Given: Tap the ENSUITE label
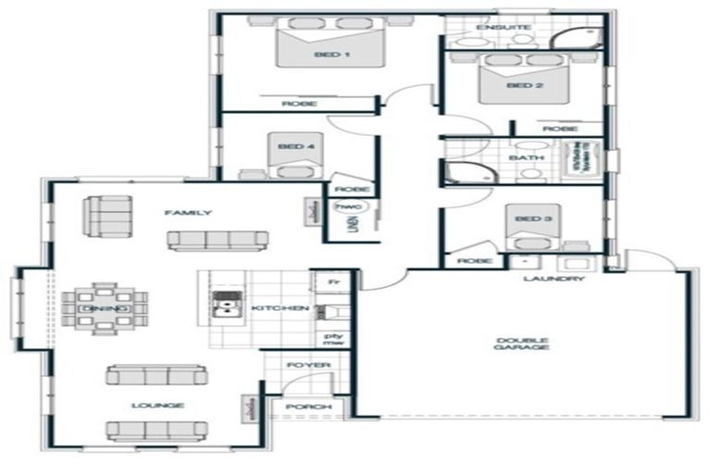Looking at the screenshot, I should [x=504, y=28].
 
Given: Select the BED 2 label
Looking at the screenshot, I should [x=524, y=85].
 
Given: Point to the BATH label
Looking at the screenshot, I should [x=526, y=158].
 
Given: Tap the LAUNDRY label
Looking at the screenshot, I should [x=554, y=278].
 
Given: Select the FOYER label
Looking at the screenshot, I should [x=308, y=365].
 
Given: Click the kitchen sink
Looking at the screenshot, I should [x=225, y=306].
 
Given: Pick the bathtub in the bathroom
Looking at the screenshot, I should [x=586, y=158].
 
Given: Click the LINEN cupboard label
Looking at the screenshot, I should [x=354, y=228].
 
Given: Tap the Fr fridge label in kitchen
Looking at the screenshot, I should [x=323, y=278].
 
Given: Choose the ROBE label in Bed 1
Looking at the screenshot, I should [x=299, y=104].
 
